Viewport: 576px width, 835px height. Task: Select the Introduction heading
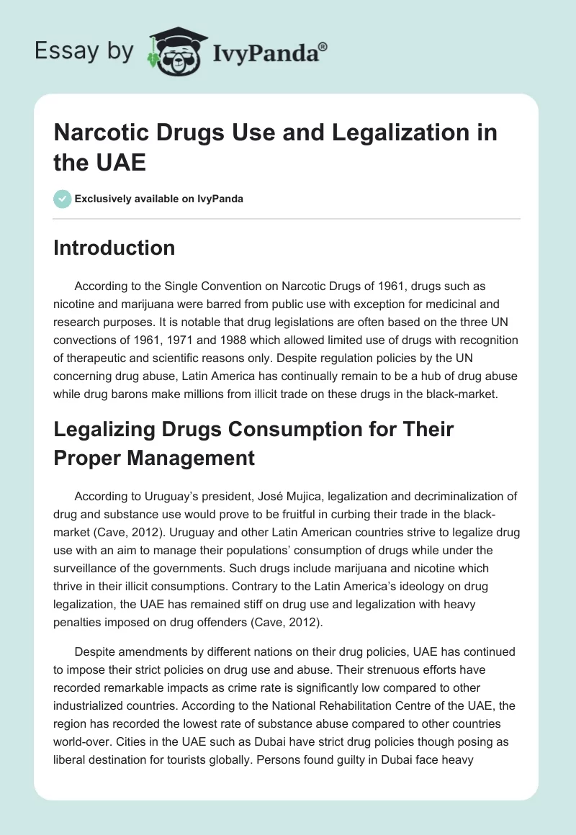(x=114, y=248)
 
